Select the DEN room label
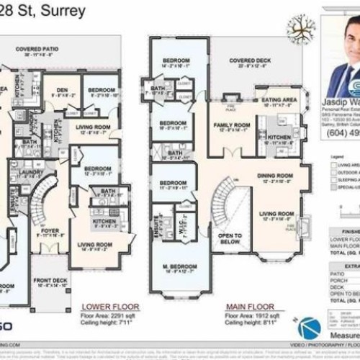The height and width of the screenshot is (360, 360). point(62,90)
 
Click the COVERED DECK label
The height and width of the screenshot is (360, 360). point(248,61)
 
